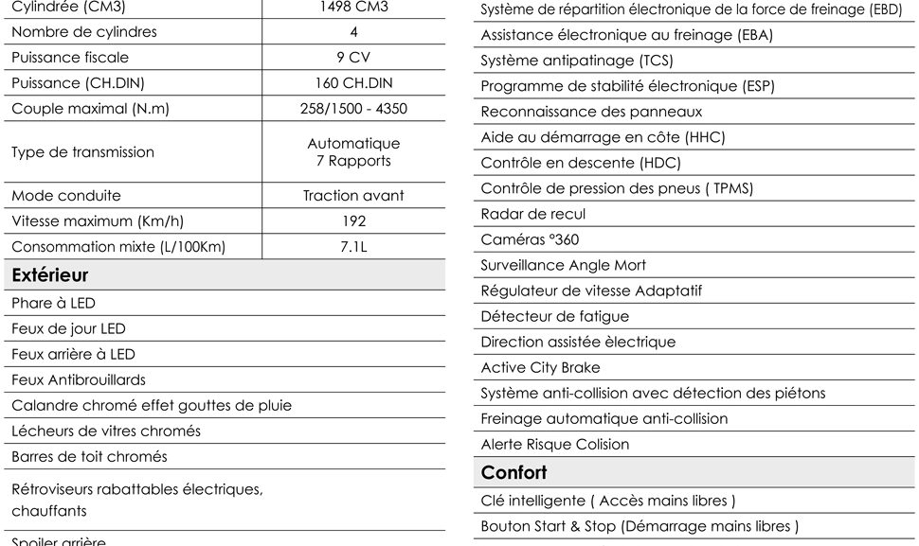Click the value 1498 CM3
point(353,7)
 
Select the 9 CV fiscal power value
point(353,58)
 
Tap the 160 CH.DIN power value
point(353,83)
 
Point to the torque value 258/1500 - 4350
point(353,109)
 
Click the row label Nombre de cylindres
point(84,32)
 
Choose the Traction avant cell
point(353,196)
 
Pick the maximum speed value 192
point(353,221)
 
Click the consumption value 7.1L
point(353,247)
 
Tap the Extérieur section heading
point(50,275)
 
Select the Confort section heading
point(514,472)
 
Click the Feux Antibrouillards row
point(79,380)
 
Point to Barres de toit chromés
point(89,457)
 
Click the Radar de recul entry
point(533,215)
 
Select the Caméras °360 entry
point(530,240)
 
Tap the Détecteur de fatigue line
point(554,317)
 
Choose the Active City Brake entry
point(540,368)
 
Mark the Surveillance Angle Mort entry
point(564,266)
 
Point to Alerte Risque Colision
point(555,445)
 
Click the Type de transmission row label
point(82,152)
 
